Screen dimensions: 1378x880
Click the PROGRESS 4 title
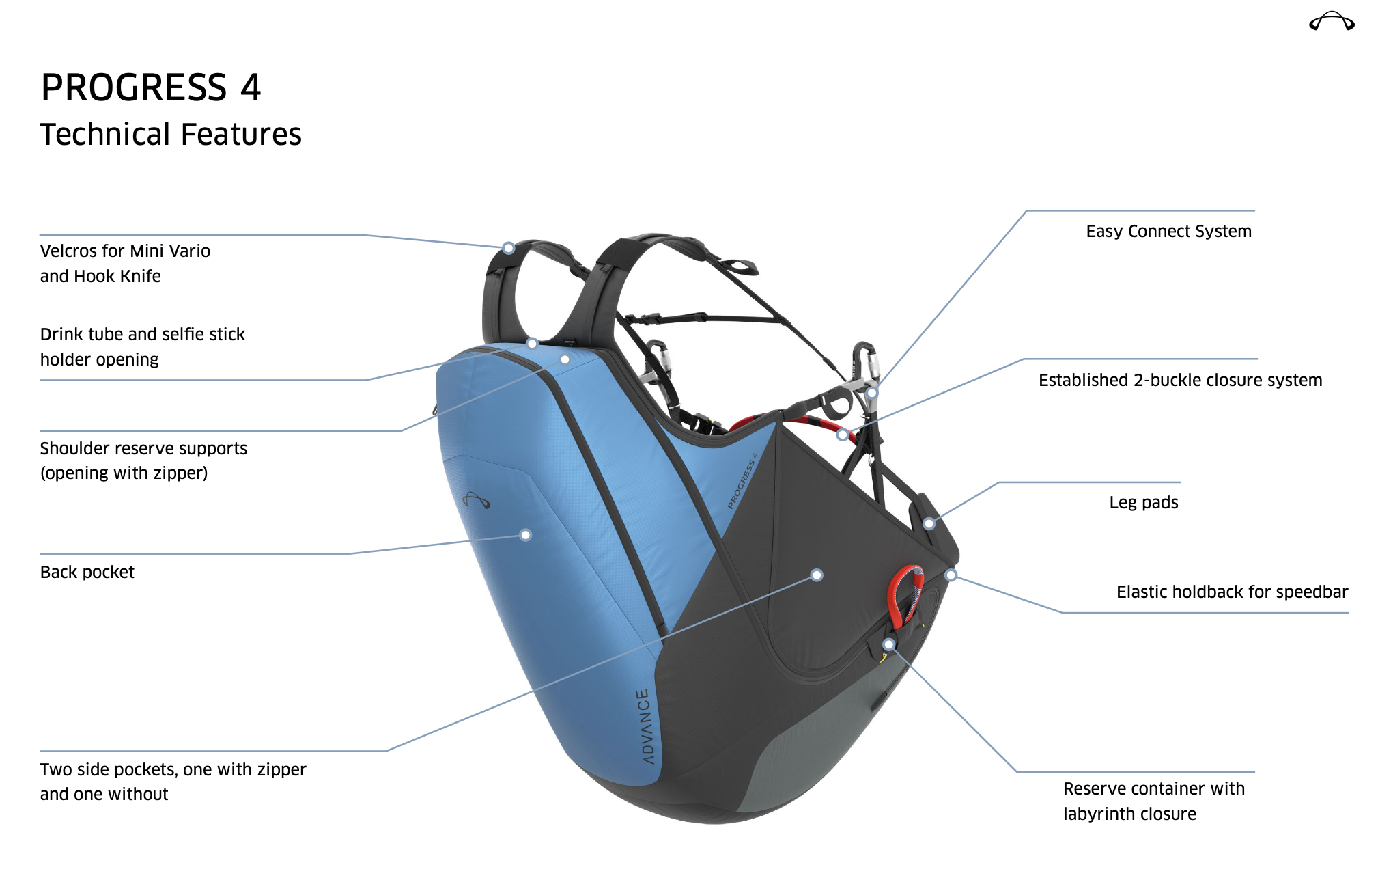point(151,87)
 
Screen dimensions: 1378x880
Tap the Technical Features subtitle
point(171,134)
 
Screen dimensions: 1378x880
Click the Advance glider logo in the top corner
point(1332,21)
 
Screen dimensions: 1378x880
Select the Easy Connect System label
point(1168,231)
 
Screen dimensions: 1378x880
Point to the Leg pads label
point(1144,502)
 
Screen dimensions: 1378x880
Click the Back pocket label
point(87,572)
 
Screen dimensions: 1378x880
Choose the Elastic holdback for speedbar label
point(1232,592)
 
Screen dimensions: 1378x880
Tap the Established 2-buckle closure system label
point(1180,380)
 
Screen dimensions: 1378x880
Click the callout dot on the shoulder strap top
point(509,248)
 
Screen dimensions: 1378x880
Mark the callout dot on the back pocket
point(526,535)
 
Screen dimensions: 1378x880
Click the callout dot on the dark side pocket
point(817,575)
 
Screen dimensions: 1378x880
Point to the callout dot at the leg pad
point(929,524)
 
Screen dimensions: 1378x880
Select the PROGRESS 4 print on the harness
point(742,481)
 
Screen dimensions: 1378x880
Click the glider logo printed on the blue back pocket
point(476,500)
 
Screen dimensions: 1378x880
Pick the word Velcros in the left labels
point(68,251)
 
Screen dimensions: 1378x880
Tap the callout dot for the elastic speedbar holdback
point(951,575)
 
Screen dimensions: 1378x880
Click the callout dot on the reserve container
point(889,644)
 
